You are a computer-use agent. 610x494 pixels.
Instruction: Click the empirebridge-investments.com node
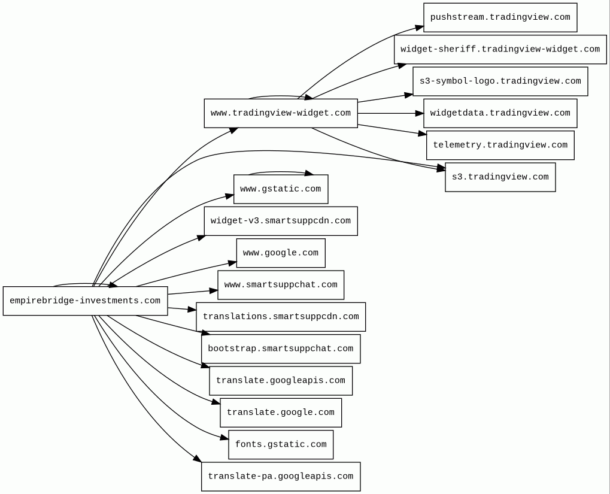(x=85, y=301)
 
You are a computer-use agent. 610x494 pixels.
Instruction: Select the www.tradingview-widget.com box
(x=281, y=113)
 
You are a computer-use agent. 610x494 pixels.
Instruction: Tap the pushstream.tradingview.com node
(x=500, y=17)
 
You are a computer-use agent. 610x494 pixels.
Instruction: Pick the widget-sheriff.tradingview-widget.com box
(x=500, y=50)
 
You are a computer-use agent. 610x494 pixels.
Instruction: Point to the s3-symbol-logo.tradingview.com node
(x=500, y=81)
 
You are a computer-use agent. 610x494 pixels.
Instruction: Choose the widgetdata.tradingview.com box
(x=500, y=113)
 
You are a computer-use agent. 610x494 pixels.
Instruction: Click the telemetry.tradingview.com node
(x=500, y=145)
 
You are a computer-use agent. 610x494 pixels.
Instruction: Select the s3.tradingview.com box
(x=500, y=177)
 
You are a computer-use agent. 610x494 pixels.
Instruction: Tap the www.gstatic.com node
(x=281, y=189)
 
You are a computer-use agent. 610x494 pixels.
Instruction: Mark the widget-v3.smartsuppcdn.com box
(x=281, y=221)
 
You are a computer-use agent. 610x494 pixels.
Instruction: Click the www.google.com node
(x=281, y=253)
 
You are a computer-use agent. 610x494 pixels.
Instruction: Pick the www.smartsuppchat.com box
(x=281, y=285)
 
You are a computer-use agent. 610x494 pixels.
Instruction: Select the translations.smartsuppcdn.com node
(x=281, y=317)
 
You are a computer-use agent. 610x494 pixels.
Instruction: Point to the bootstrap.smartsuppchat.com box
(x=281, y=349)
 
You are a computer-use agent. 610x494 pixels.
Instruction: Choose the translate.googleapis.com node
(x=281, y=381)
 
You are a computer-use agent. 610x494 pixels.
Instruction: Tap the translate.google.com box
(x=281, y=413)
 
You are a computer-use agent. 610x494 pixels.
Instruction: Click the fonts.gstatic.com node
(x=281, y=444)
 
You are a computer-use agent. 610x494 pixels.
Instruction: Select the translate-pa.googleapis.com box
(x=281, y=477)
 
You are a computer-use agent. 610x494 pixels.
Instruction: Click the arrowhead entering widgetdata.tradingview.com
(x=420, y=113)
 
